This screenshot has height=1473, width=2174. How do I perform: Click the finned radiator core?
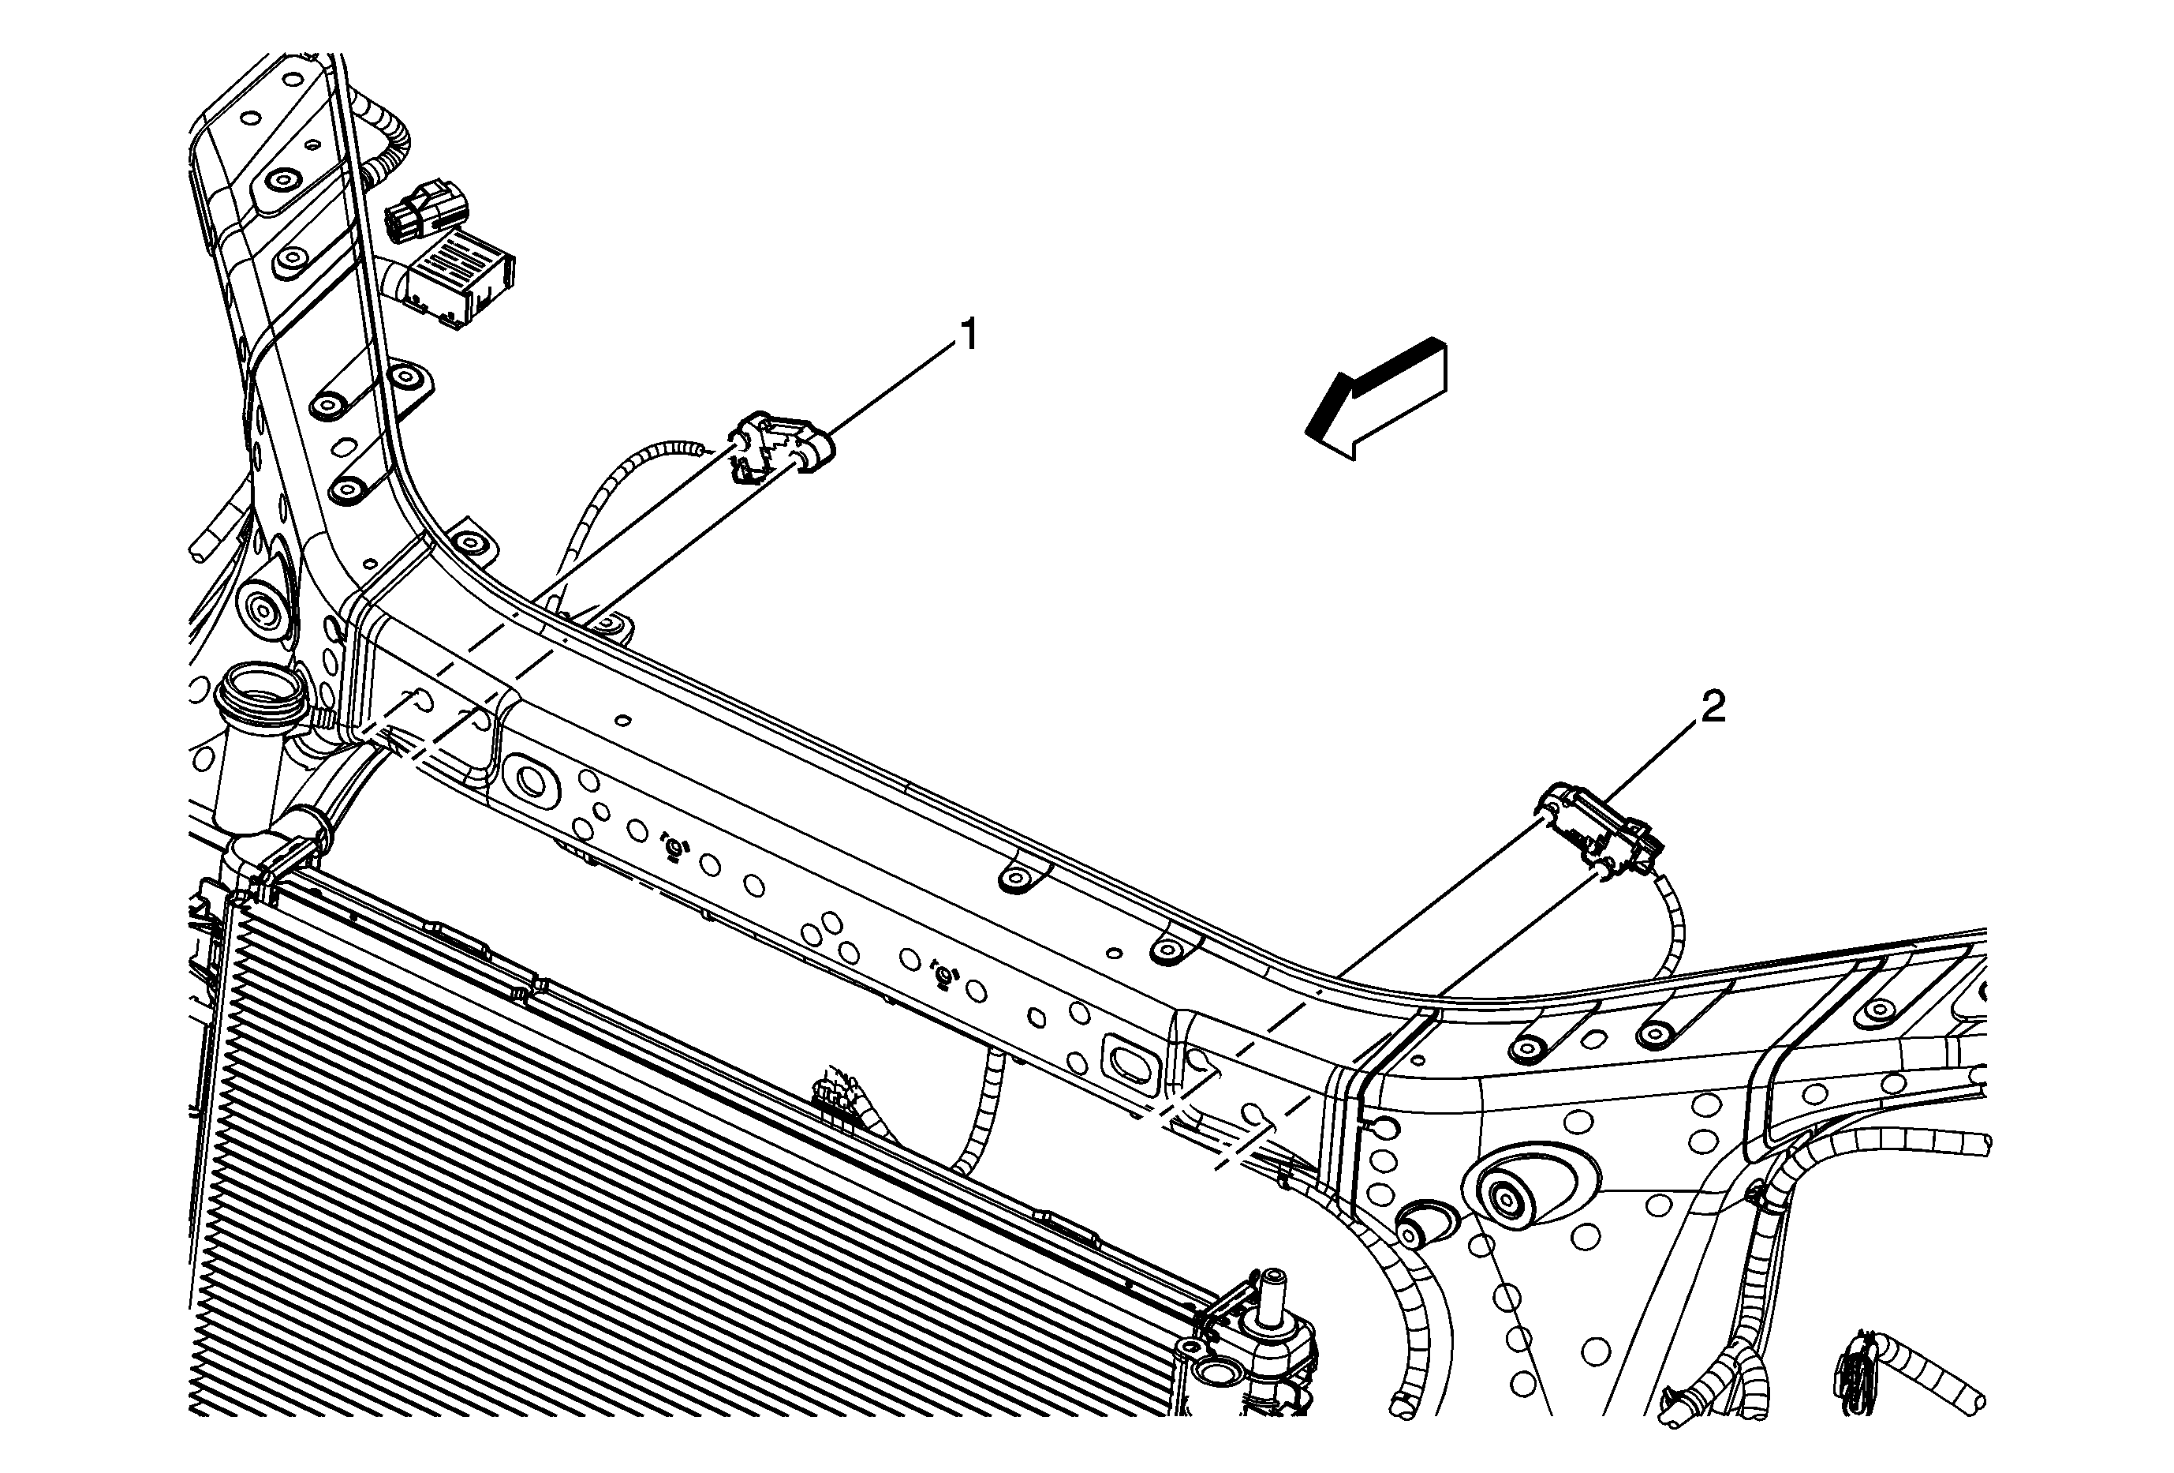pyautogui.click(x=562, y=1170)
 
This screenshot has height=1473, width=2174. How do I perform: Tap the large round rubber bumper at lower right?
pyautogui.click(x=1506, y=1197)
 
